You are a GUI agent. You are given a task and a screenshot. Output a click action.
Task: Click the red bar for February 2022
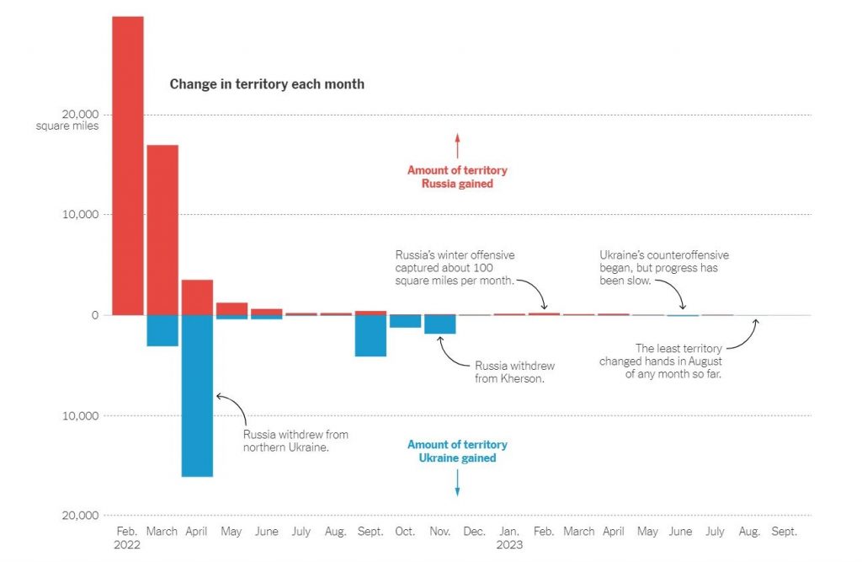coord(128,166)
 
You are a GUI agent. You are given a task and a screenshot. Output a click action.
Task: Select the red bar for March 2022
coord(162,230)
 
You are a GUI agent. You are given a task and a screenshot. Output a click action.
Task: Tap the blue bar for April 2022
coord(197,396)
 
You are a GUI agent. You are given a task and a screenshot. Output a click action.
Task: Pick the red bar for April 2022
coord(197,297)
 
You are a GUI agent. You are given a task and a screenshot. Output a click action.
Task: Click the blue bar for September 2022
coord(370,336)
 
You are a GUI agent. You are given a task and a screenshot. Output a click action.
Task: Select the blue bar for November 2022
coord(439,324)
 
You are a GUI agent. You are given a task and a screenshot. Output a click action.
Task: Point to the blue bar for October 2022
coord(405,322)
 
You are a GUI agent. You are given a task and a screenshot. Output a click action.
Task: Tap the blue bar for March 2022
coord(162,331)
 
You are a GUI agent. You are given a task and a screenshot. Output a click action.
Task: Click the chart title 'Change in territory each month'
coord(267,84)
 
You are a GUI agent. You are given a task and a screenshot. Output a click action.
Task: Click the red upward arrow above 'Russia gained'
coord(457,146)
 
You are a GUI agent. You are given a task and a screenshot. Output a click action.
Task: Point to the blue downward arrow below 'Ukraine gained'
coord(457,483)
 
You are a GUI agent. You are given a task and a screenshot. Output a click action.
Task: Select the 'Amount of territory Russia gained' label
coord(457,177)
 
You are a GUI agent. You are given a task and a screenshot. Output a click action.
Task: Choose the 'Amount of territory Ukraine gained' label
coord(457,452)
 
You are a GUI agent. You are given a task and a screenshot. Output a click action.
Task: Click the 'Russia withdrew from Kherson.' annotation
coord(514,372)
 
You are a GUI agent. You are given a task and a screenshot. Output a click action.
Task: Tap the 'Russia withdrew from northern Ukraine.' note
coord(295,441)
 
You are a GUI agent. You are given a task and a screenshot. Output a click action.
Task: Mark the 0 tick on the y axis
coord(95,315)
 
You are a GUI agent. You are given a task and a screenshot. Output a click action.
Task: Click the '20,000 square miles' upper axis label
coord(67,120)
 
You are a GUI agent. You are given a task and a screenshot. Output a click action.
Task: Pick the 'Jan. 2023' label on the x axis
coord(509,538)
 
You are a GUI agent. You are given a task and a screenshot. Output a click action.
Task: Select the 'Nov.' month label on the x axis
coord(439,532)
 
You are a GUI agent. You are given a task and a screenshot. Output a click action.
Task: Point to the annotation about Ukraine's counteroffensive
coord(664,268)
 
